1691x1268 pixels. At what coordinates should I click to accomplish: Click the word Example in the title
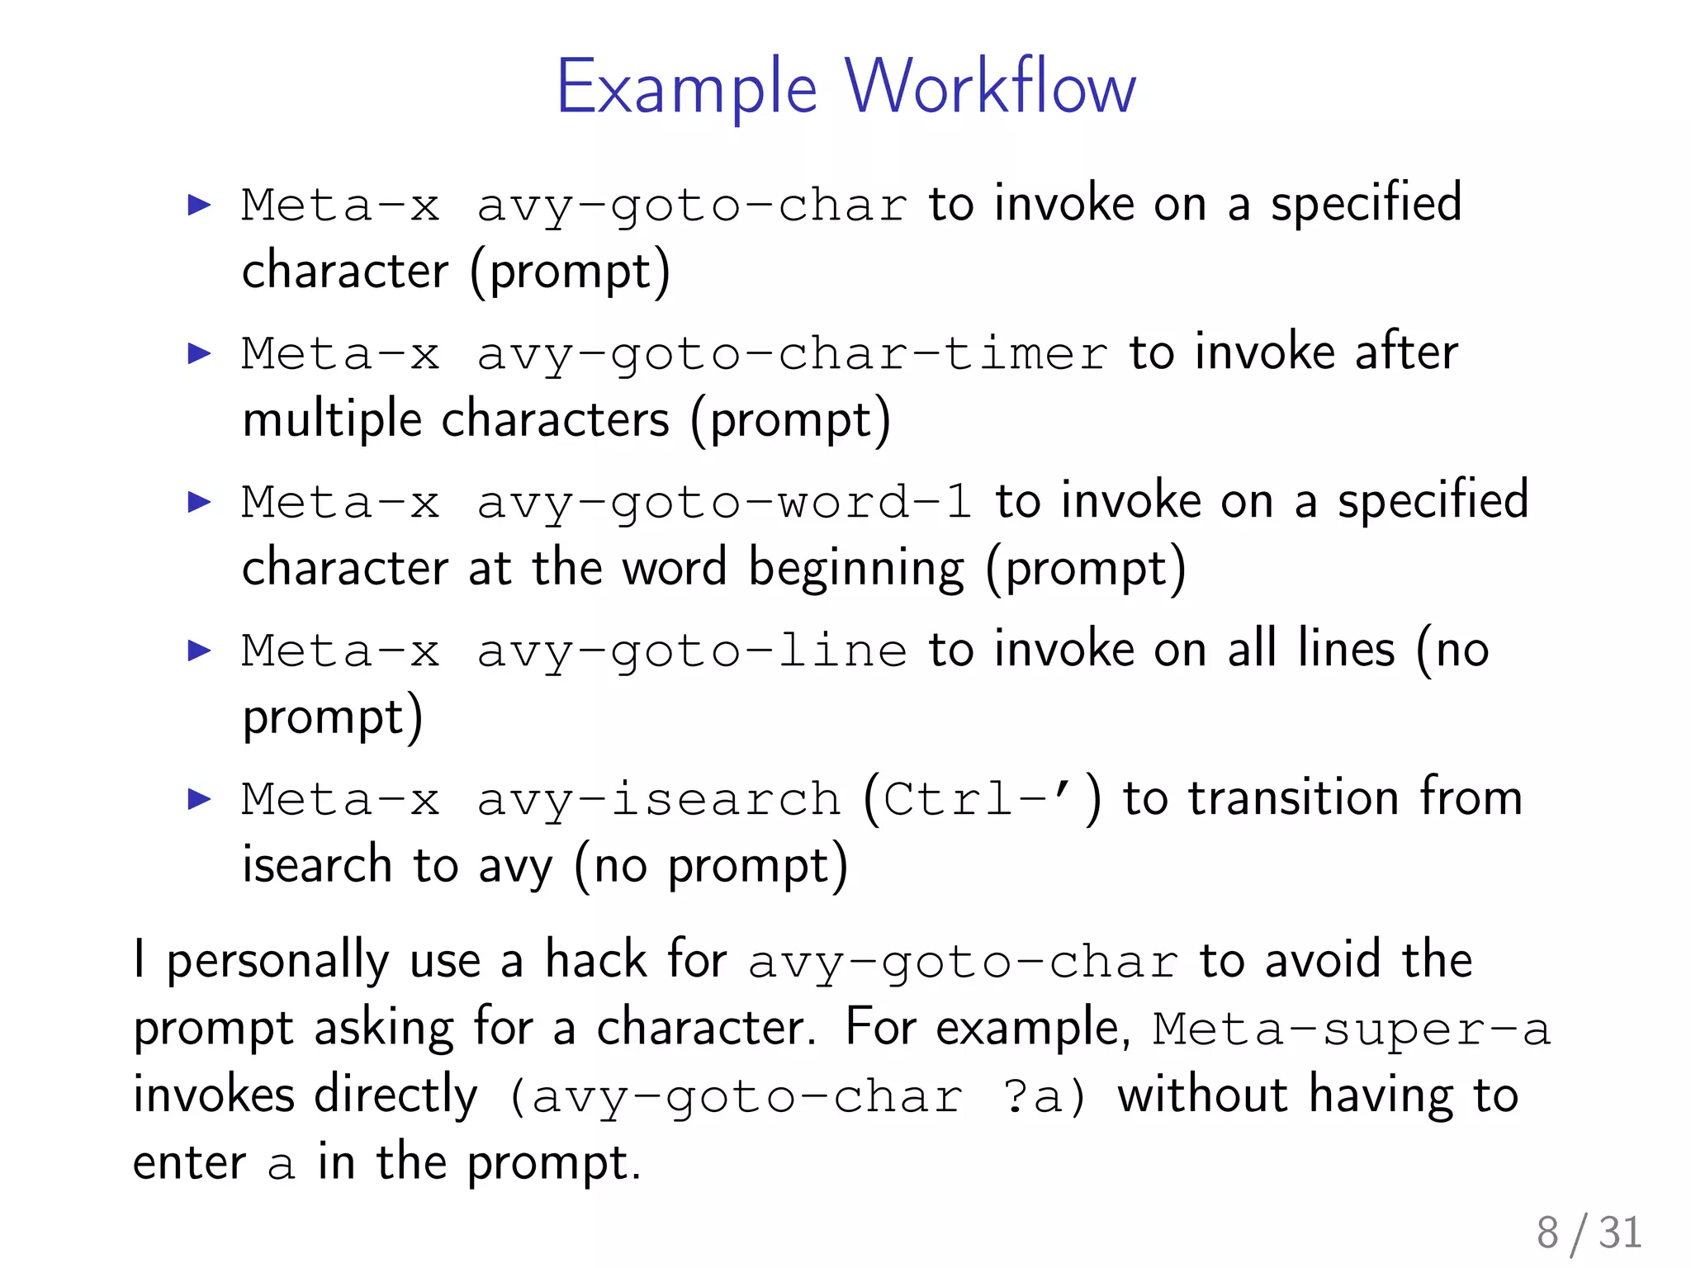pos(686,88)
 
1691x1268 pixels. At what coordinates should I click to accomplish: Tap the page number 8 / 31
pos(1589,1233)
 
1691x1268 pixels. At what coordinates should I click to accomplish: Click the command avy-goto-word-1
pos(724,503)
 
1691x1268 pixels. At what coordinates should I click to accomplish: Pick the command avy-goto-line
pos(691,651)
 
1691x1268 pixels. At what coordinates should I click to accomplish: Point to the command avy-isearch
pos(658,800)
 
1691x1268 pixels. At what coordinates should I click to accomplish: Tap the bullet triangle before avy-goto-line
pos(199,651)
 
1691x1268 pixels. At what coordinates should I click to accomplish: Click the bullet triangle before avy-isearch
pos(199,799)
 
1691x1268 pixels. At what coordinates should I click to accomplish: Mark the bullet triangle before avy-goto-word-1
pos(199,502)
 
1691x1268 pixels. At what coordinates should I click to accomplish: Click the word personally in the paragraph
pos(277,962)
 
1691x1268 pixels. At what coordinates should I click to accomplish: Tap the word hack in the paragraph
pos(595,960)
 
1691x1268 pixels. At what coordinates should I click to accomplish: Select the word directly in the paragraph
pos(396,1096)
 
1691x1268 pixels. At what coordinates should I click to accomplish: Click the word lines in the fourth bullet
pos(1346,650)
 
